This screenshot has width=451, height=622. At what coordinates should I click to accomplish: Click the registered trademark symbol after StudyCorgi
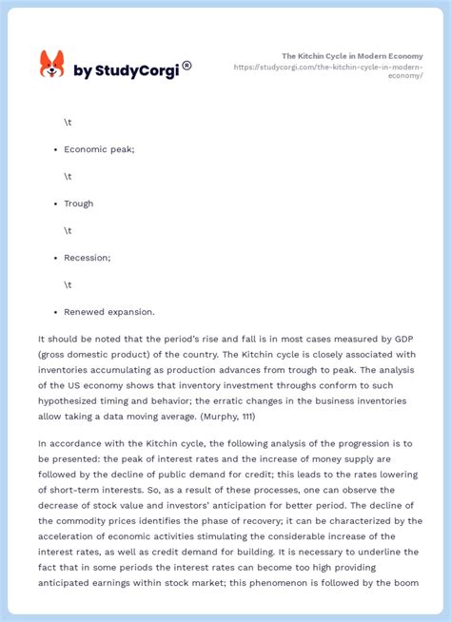point(186,66)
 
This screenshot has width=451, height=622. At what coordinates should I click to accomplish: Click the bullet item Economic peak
point(99,149)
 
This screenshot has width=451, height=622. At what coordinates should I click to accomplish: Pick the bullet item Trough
point(78,204)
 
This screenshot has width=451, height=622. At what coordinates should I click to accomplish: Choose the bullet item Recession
point(88,258)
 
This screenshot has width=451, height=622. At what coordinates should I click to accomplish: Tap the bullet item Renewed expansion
point(108,312)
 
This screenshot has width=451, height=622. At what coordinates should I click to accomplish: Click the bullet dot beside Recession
point(48,258)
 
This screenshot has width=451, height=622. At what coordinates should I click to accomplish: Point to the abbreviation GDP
point(403,339)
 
